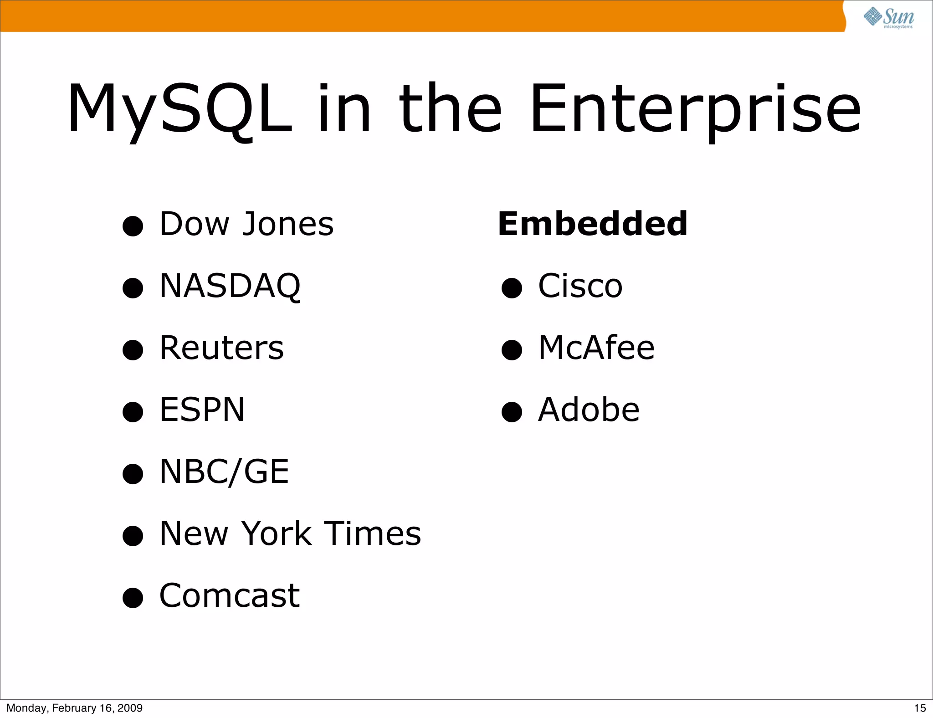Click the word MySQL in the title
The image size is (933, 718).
(179, 109)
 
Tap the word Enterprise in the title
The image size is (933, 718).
(695, 109)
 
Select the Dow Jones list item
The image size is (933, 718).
(246, 224)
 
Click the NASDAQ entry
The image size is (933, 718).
(230, 286)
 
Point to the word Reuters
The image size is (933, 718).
(221, 348)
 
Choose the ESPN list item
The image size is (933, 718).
(202, 410)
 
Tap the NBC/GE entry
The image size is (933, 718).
(224, 472)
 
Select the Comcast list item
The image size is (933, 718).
(230, 595)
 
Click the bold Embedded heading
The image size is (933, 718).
(593, 224)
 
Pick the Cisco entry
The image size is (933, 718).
(580, 286)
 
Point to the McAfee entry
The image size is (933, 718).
(596, 348)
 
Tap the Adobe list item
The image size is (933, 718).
(589, 410)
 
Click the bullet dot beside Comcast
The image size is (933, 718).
(133, 598)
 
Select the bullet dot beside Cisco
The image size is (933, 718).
(512, 288)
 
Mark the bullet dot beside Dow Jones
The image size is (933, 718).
(133, 226)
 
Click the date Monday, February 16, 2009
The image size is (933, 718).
(74, 708)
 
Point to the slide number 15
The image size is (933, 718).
(920, 708)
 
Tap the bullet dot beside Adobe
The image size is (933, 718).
(512, 412)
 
